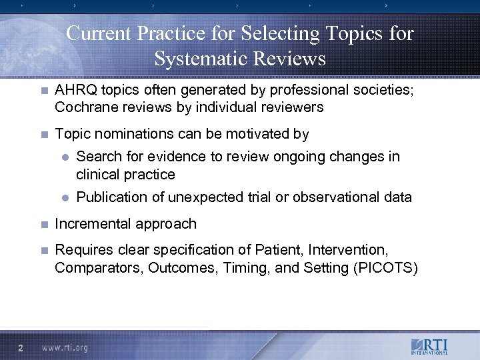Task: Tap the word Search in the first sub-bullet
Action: coord(98,157)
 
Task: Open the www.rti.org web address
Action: coord(65,347)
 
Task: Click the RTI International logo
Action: coord(430,347)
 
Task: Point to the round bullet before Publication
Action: coord(65,197)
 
